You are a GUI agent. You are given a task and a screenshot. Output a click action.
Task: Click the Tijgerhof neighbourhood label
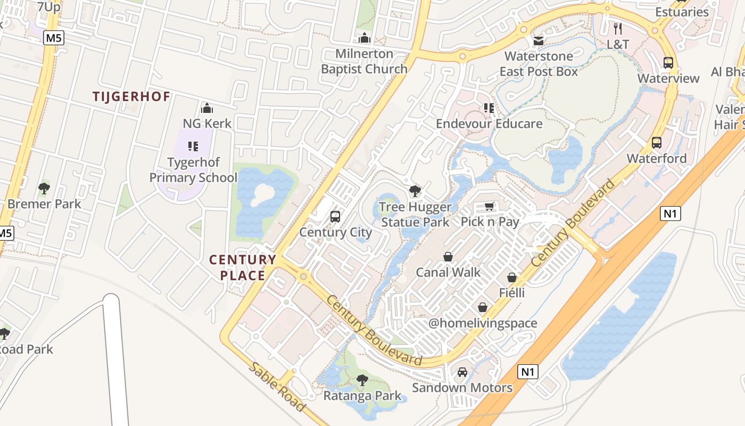pyautogui.click(x=131, y=96)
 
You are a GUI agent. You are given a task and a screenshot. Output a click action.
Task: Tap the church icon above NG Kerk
pyautogui.click(x=207, y=108)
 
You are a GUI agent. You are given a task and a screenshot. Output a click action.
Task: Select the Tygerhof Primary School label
pyautogui.click(x=193, y=170)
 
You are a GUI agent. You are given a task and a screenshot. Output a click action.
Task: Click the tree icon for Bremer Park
pyautogui.click(x=44, y=188)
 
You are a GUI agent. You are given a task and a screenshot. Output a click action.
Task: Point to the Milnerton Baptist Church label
pyautogui.click(x=365, y=61)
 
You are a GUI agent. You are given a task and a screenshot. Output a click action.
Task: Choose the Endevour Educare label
pyautogui.click(x=489, y=124)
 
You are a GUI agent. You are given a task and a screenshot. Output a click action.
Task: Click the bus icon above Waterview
pyautogui.click(x=668, y=63)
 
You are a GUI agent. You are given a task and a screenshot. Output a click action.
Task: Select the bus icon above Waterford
pyautogui.click(x=657, y=143)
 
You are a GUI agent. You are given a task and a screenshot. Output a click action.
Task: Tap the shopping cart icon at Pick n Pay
pyautogui.click(x=490, y=207)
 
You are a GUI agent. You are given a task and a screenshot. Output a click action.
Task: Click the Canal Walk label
pyautogui.click(x=448, y=272)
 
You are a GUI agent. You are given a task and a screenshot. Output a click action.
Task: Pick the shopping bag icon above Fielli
pyautogui.click(x=512, y=277)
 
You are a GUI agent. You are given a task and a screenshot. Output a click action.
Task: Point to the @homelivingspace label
pyautogui.click(x=483, y=323)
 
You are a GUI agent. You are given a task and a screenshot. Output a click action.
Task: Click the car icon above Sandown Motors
pyautogui.click(x=462, y=372)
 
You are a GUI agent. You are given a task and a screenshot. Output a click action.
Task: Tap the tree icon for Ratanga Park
pyautogui.click(x=362, y=380)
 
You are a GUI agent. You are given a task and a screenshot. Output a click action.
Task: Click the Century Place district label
pyautogui.click(x=243, y=267)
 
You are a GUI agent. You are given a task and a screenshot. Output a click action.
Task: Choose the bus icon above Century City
pyautogui.click(x=335, y=217)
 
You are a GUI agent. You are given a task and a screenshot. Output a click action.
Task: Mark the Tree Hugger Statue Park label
pyautogui.click(x=416, y=214)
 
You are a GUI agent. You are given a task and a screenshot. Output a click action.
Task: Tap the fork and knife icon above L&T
pyautogui.click(x=618, y=29)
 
